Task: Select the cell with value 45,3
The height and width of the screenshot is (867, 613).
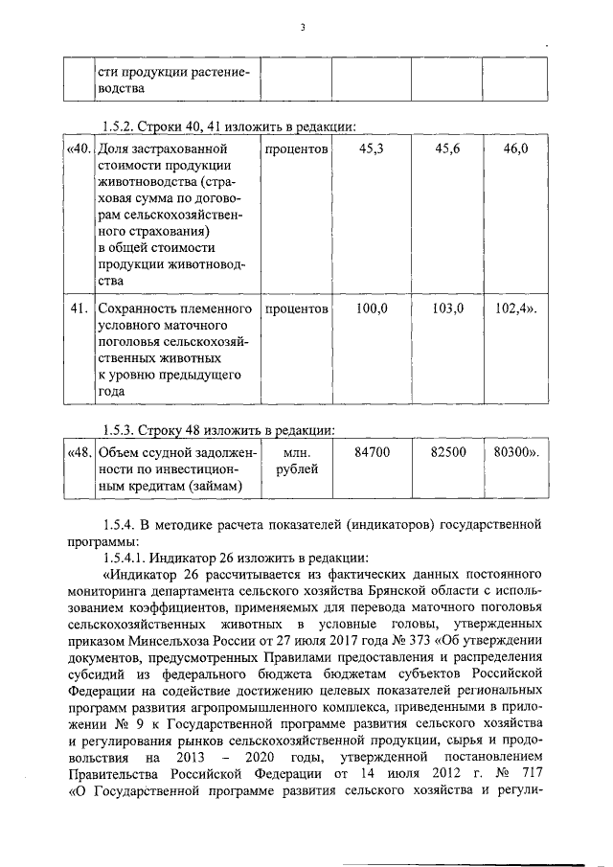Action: tap(372, 150)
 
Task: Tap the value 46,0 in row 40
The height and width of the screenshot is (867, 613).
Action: tap(514, 150)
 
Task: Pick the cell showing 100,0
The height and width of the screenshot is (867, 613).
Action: tap(372, 309)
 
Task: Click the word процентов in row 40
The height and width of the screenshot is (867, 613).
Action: tap(297, 150)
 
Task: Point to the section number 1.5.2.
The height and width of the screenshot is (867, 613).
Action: tap(121, 125)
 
